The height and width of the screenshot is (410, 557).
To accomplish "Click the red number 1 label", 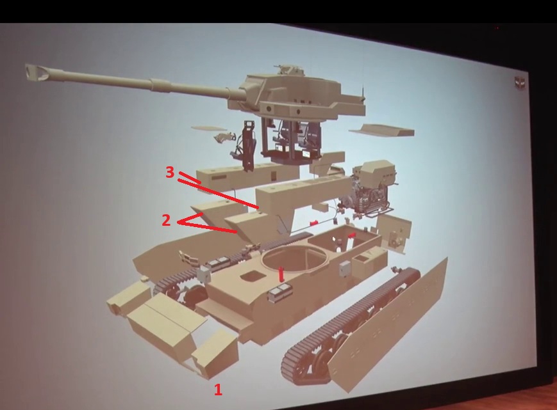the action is point(218,390).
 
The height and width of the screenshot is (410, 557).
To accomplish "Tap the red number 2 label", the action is point(166,220).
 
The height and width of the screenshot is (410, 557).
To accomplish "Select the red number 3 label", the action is point(170,172).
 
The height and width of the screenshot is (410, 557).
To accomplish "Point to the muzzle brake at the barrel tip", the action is point(37,72).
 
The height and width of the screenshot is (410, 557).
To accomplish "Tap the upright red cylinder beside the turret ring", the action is point(281,274).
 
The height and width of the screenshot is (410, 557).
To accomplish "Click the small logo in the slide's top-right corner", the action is point(520,83).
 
